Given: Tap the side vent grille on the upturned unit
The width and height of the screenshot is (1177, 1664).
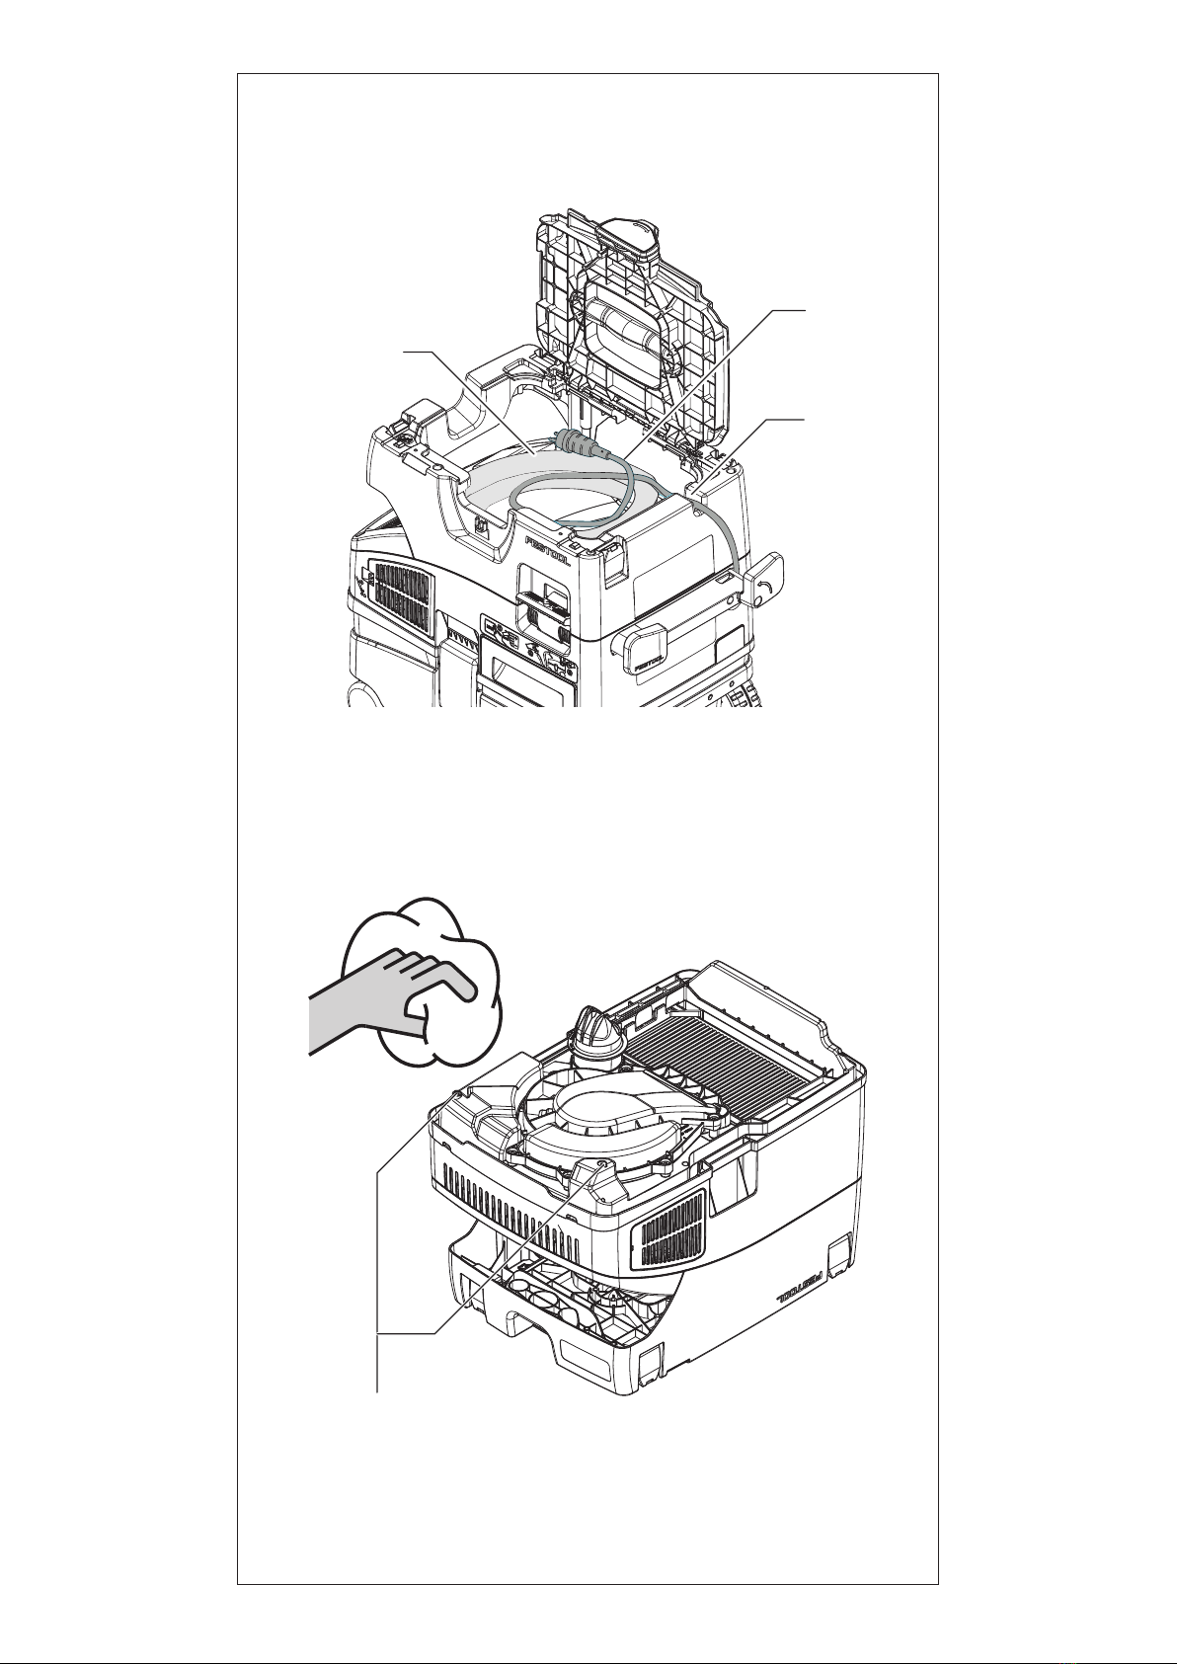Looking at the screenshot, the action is point(671,1229).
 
